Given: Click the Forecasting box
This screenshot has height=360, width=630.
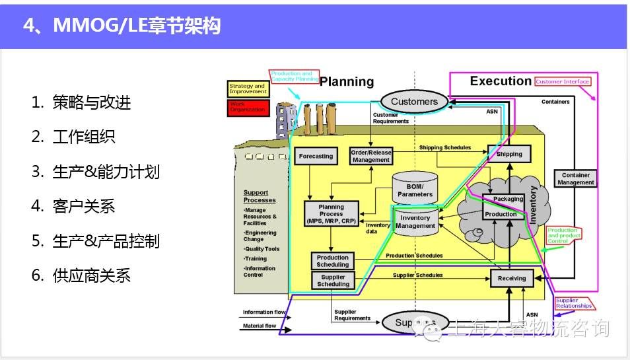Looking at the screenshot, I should (x=316, y=157).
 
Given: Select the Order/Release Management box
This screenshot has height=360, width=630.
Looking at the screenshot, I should (x=371, y=156).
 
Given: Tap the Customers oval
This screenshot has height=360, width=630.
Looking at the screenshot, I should (x=414, y=101).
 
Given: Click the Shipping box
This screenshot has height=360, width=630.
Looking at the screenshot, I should (x=509, y=154).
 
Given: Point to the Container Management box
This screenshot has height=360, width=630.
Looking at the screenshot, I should (x=576, y=178).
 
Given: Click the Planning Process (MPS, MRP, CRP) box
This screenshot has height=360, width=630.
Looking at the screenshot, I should (x=332, y=214).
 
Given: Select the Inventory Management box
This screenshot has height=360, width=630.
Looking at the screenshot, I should (x=415, y=221).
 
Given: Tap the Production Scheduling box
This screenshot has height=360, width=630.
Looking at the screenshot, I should (x=333, y=261).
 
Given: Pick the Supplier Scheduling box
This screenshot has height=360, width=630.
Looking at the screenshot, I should (x=333, y=280).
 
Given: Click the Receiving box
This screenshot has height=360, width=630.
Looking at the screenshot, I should (x=511, y=278).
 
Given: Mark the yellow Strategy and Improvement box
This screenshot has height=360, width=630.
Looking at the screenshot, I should (x=248, y=89).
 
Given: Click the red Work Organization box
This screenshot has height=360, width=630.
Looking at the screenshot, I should (x=248, y=107).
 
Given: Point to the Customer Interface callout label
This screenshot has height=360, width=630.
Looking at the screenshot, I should (x=563, y=82).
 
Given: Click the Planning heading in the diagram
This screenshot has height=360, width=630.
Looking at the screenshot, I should (x=347, y=82).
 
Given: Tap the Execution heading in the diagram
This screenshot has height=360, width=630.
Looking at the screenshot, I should (x=500, y=81).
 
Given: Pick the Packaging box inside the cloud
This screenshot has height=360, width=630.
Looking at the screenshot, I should (x=508, y=199).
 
